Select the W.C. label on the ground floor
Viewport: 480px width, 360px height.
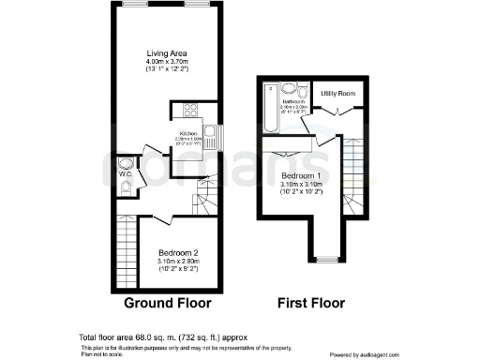(125, 172)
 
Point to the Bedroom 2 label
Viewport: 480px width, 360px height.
(176, 253)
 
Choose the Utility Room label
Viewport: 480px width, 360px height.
(339, 94)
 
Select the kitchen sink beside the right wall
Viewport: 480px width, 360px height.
(211, 137)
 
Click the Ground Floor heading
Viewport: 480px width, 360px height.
(167, 303)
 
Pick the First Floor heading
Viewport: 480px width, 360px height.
(310, 303)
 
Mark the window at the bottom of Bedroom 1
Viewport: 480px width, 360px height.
(327, 258)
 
